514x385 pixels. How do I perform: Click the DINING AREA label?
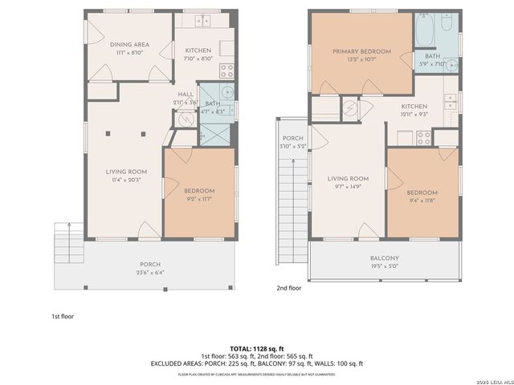(x=128, y=45)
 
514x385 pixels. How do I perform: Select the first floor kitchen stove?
(x=226, y=69)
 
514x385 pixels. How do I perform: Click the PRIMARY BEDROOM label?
(x=361, y=51)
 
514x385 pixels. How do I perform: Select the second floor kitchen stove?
(x=423, y=137)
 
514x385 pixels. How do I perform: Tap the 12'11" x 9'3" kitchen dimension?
(x=414, y=115)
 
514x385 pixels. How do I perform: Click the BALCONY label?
(x=385, y=258)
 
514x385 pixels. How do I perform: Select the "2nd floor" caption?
(x=289, y=287)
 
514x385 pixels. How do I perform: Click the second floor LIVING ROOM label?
(x=348, y=178)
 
